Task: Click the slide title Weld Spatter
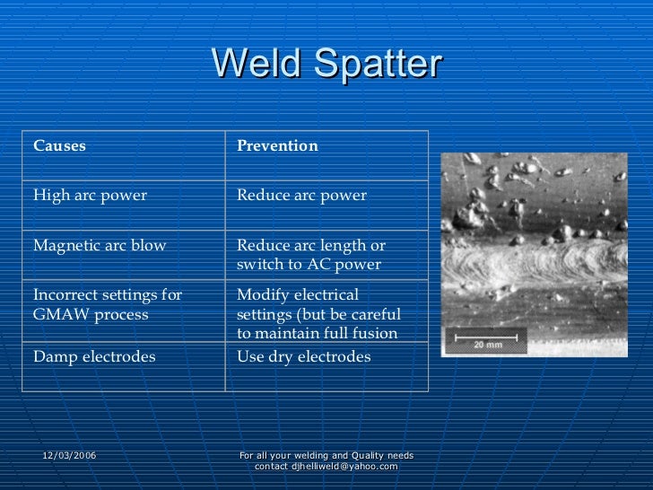click(x=326, y=64)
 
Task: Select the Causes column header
click(x=59, y=146)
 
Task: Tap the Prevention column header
click(x=277, y=146)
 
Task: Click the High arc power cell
click(x=90, y=196)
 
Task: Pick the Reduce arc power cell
click(x=301, y=196)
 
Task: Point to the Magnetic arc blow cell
click(x=100, y=246)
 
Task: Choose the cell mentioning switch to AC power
click(x=309, y=256)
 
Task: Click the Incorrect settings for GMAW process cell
click(x=108, y=305)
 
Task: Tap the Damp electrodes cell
click(x=94, y=357)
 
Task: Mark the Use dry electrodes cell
click(x=303, y=357)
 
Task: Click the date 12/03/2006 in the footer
click(x=69, y=456)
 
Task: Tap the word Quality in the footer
click(x=361, y=456)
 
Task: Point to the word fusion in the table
click(x=377, y=335)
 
